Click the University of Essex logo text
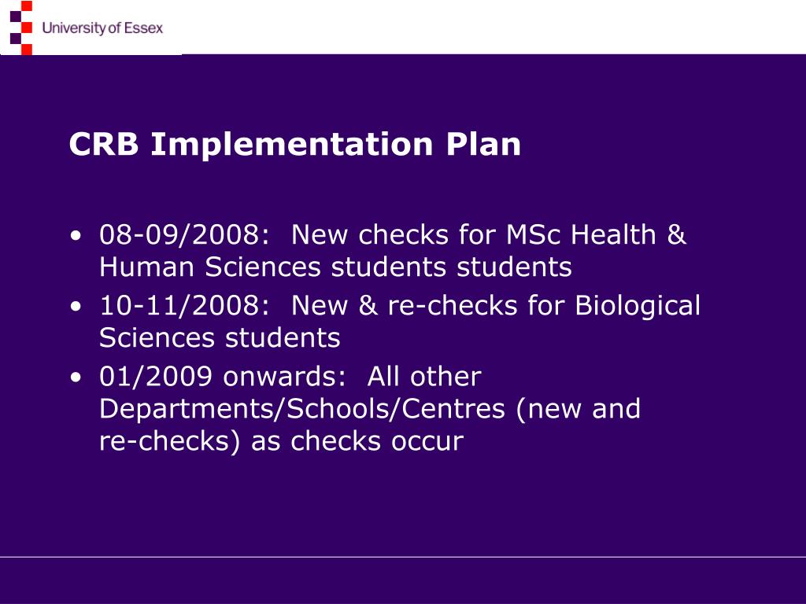102,28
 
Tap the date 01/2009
155,377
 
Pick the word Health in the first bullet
614,235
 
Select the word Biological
638,306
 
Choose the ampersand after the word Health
676,235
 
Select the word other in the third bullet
446,377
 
